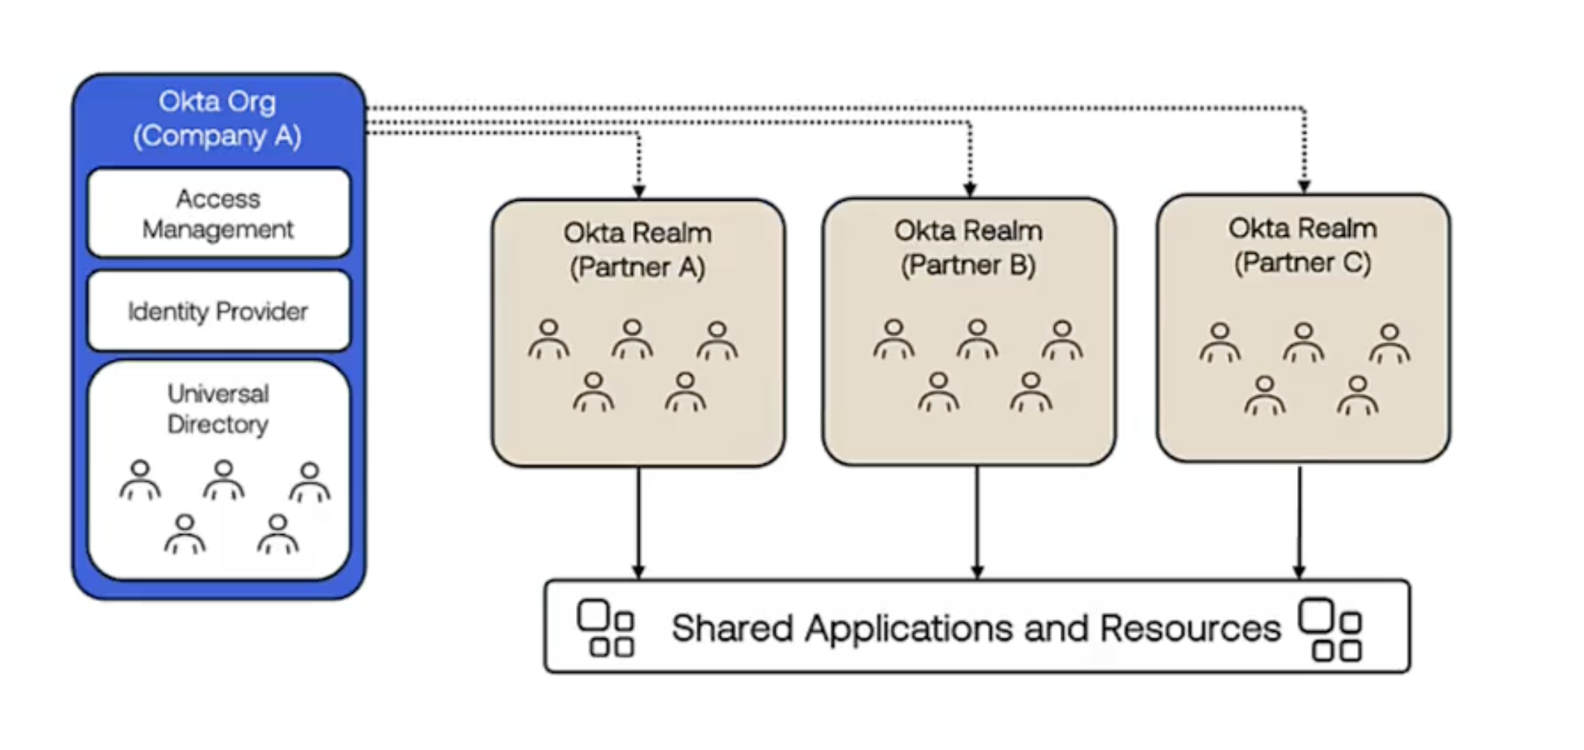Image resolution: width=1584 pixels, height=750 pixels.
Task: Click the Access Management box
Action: tap(218, 214)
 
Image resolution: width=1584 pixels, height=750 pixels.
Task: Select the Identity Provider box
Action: tap(218, 311)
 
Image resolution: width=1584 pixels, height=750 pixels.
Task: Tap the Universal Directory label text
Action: tap(218, 409)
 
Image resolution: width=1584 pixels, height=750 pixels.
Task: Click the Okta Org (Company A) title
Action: tap(217, 118)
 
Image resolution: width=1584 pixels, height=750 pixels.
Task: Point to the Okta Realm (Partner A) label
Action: tap(637, 250)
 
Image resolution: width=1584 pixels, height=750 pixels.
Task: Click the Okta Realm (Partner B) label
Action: tap(968, 247)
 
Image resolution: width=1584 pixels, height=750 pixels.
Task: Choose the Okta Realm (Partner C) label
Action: tap(1302, 245)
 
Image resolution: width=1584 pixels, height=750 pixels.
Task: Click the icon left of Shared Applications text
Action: tap(605, 628)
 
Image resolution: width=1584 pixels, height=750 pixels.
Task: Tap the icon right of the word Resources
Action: tap(1330, 629)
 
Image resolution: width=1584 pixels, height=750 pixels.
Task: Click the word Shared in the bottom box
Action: tap(731, 628)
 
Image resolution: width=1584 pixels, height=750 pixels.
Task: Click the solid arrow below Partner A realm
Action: tap(639, 523)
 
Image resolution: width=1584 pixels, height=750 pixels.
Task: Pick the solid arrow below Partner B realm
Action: tap(977, 523)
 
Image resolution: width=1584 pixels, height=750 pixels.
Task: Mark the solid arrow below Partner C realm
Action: tap(1299, 523)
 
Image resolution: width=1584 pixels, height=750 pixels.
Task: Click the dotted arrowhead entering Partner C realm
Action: tap(1304, 185)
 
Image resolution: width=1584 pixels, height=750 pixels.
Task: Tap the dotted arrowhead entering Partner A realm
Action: tap(639, 190)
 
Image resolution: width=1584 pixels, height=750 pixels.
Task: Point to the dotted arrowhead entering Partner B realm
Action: tap(970, 189)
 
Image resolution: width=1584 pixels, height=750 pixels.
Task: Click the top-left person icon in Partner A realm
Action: tap(549, 339)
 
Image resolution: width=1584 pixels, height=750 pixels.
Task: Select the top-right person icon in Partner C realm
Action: tap(1390, 343)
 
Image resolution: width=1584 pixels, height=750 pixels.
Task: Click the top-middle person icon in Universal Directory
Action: tap(224, 480)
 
